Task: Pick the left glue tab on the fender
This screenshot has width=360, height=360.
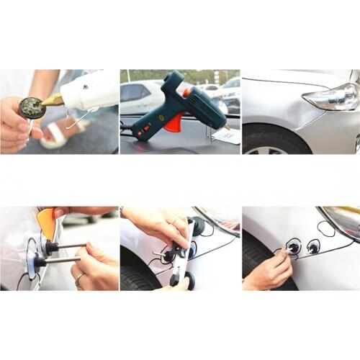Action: pos(294,248)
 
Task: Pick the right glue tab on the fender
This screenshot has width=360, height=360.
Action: pos(314,247)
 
